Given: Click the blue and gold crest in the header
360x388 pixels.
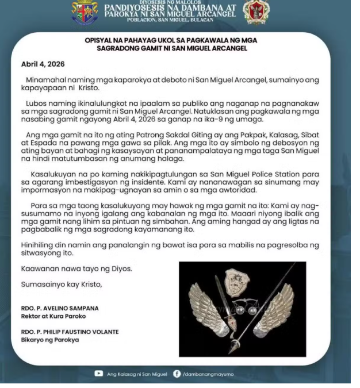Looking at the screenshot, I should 85,12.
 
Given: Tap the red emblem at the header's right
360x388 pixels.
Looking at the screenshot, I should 256,12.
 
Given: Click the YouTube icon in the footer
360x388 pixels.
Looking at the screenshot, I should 99,374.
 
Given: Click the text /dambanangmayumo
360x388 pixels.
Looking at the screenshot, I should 208,375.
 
